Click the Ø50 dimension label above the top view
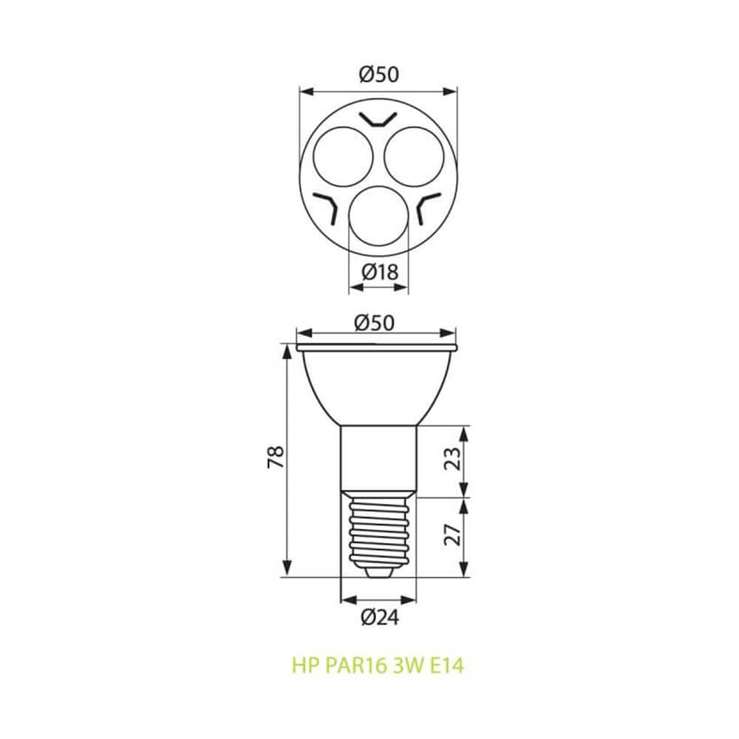378,74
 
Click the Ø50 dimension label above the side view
377,322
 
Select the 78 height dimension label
276,458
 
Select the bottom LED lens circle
378,218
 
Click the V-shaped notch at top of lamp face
378,119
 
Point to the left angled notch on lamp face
326,207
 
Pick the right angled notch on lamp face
429,207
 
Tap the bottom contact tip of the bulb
378,571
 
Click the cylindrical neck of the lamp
378,458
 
